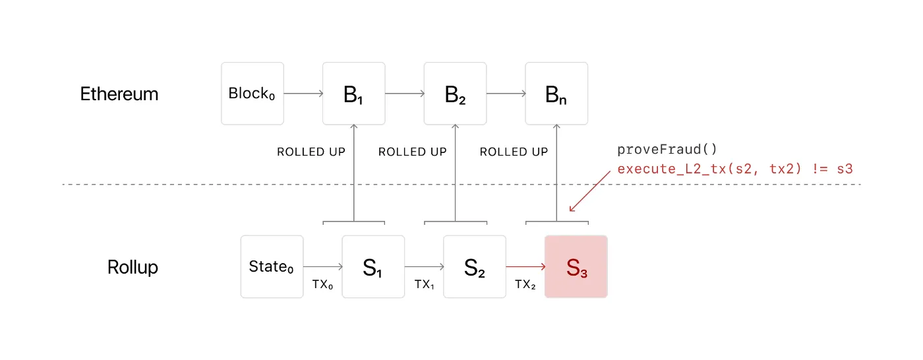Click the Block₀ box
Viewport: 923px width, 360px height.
pyautogui.click(x=252, y=94)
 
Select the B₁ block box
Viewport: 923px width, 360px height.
pyautogui.click(x=353, y=94)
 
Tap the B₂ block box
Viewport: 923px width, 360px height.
pyautogui.click(x=455, y=94)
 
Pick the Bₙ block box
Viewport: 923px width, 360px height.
pyautogui.click(x=556, y=94)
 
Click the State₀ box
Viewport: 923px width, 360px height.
pyautogui.click(x=272, y=266)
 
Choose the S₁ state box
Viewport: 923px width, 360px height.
pyautogui.click(x=373, y=266)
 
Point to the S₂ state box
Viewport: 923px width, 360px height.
pyautogui.click(x=475, y=266)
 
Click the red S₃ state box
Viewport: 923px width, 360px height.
pyautogui.click(x=576, y=266)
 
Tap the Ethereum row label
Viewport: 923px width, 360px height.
pyautogui.click(x=119, y=94)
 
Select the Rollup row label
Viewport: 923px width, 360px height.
pyautogui.click(x=133, y=268)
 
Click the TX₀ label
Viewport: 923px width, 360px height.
pyautogui.click(x=323, y=284)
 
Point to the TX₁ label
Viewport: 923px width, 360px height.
pyautogui.click(x=425, y=284)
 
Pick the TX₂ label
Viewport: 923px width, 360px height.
pyautogui.click(x=525, y=284)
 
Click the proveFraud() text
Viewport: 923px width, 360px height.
pyautogui.click(x=667, y=149)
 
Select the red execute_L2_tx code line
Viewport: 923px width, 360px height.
pyautogui.click(x=735, y=169)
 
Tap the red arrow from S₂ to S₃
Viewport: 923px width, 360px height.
pyautogui.click(x=525, y=266)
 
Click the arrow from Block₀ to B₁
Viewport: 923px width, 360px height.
pyautogui.click(x=303, y=94)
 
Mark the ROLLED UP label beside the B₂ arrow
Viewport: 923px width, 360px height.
pyautogui.click(x=412, y=152)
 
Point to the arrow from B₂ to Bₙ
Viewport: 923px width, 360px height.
pyautogui.click(x=506, y=94)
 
